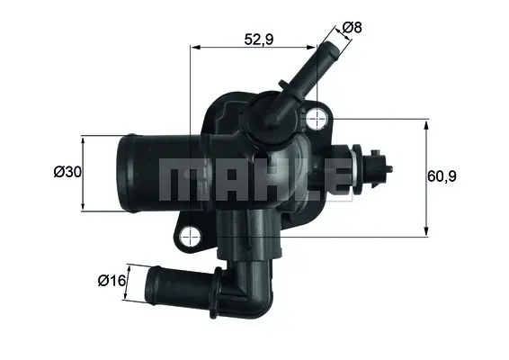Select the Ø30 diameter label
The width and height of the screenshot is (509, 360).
pos(67,172)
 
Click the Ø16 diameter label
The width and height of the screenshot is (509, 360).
pos(111,281)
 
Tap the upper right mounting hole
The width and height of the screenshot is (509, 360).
pos(317,118)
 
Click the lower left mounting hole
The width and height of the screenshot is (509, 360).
pos(189,237)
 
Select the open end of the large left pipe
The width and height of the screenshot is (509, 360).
pos(125,173)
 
